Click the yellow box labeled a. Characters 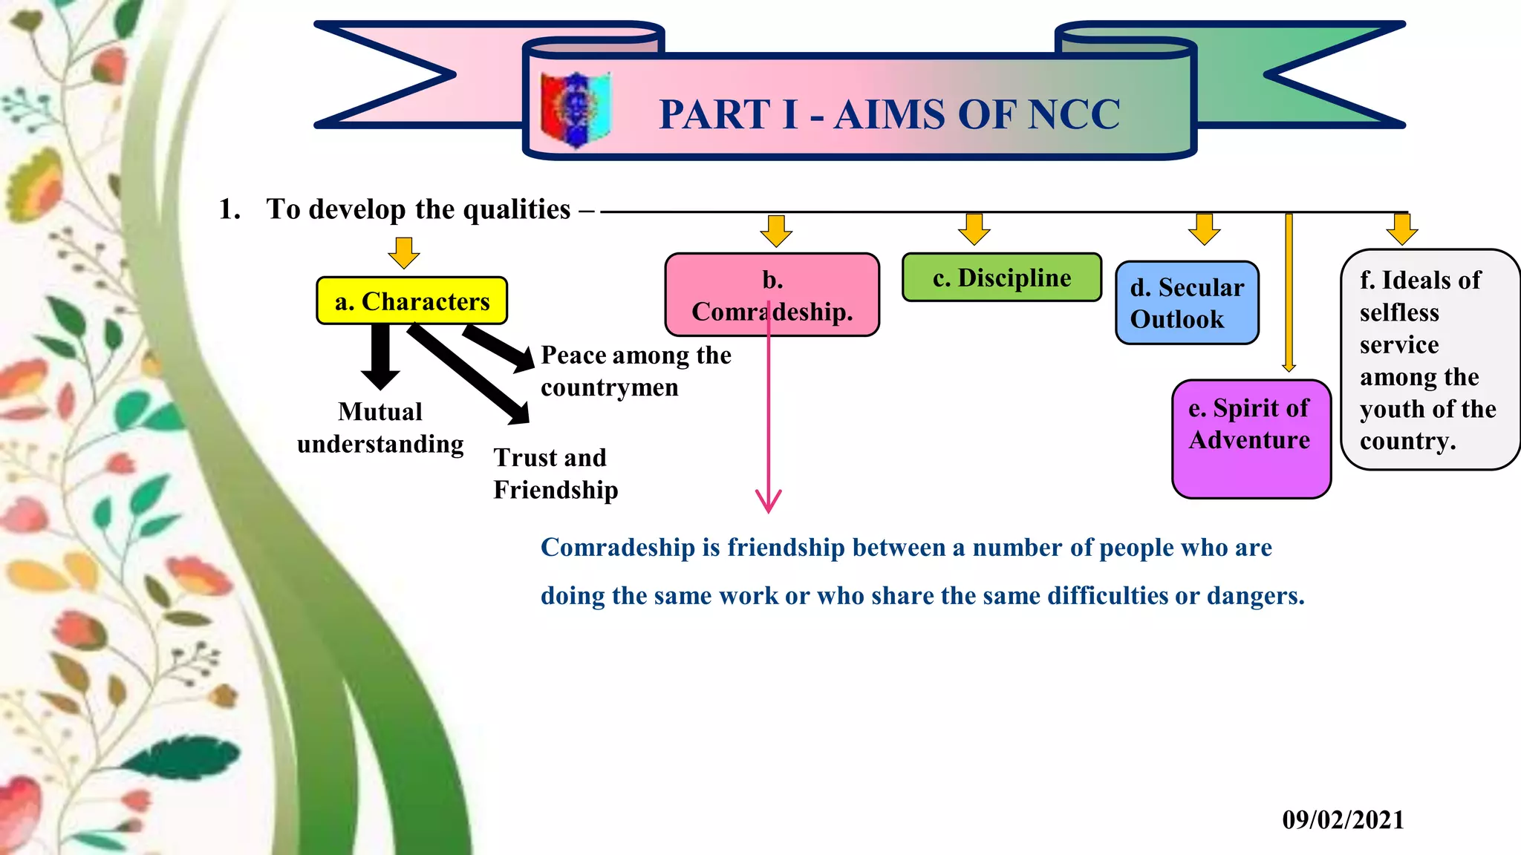point(411,301)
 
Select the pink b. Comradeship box point(772,295)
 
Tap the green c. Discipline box point(1001,278)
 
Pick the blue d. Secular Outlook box point(1187,303)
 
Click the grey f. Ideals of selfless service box point(1429,360)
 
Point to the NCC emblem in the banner point(576,109)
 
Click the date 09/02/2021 point(1343,819)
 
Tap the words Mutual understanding point(380,427)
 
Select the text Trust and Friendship point(556,474)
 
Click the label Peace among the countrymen point(635,371)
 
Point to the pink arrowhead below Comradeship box point(769,502)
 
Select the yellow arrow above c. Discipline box point(974,229)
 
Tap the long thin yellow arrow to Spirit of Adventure point(1289,297)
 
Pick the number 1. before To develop point(229,209)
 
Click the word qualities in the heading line point(516,209)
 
